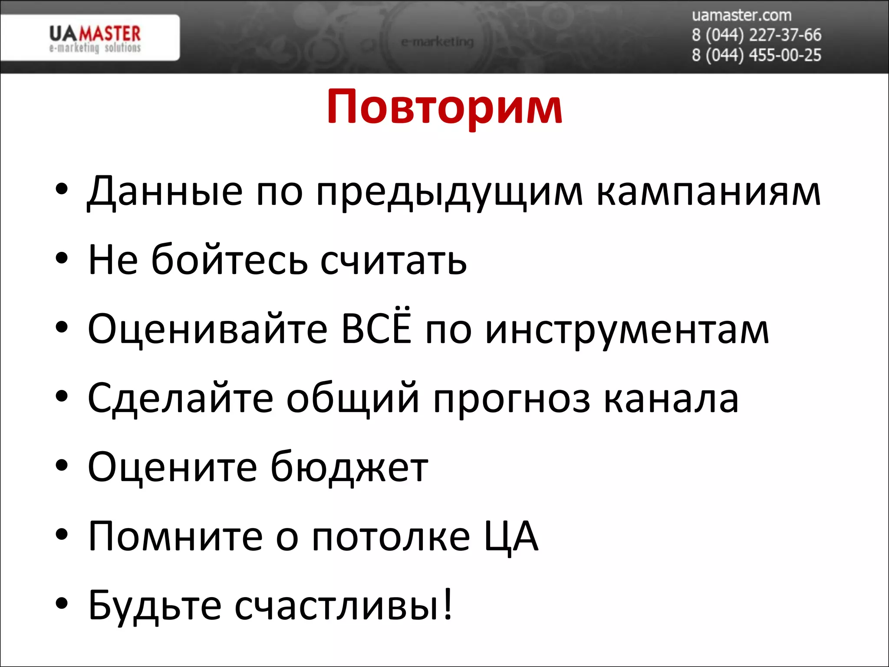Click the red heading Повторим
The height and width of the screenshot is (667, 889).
444,107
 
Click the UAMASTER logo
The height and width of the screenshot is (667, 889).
95,38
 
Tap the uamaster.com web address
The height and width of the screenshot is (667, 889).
741,16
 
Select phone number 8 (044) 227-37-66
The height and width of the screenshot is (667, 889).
756,35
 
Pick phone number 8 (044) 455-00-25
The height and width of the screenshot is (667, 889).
756,55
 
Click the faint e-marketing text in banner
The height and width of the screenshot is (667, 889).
437,42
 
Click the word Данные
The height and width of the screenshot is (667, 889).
165,192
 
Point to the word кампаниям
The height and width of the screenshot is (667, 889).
708,192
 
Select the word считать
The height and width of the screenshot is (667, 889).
393,261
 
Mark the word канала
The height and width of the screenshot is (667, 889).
671,399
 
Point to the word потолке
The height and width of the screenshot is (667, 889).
391,537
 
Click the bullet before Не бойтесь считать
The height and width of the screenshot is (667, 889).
62,259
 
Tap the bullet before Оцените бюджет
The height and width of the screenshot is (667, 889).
62,466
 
